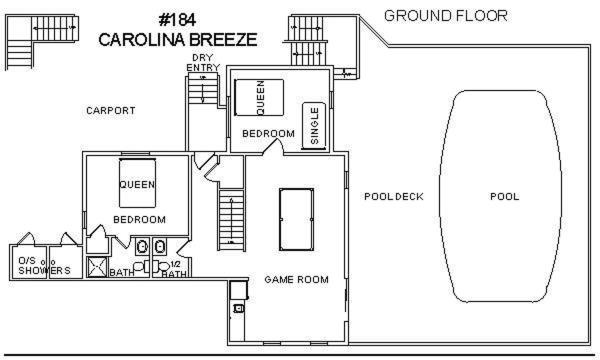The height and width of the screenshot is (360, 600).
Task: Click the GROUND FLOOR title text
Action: pyautogui.click(x=446, y=16)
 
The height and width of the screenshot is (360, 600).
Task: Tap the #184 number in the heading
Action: pyautogui.click(x=178, y=20)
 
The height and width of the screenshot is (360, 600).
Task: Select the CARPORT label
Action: pyautogui.click(x=111, y=111)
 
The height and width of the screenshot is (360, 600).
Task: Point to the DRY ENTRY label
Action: pyautogui.click(x=203, y=62)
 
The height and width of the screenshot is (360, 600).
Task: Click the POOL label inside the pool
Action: pyautogui.click(x=505, y=197)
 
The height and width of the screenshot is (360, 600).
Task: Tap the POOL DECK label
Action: pyautogui.click(x=394, y=197)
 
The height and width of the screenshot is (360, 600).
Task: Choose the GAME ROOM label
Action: pyautogui.click(x=297, y=280)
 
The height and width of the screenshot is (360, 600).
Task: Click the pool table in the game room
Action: pyautogui.click(x=297, y=219)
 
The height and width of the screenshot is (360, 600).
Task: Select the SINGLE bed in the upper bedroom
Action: pyautogui.click(x=314, y=126)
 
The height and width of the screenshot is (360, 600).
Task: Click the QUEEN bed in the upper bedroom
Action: pyautogui.click(x=259, y=97)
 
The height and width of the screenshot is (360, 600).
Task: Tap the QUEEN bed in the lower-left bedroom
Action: pyautogui.click(x=137, y=182)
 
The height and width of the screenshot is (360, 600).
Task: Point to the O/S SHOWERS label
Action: pyautogui.click(x=44, y=266)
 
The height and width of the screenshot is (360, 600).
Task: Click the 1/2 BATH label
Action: pyautogui.click(x=174, y=269)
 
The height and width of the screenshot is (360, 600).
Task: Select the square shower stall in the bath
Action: pyautogui.click(x=97, y=267)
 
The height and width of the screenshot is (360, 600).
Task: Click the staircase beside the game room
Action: pyautogui.click(x=232, y=220)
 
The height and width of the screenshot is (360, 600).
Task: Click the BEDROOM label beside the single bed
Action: pyautogui.click(x=269, y=134)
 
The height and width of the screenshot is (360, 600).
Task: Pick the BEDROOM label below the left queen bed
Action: pyautogui.click(x=140, y=220)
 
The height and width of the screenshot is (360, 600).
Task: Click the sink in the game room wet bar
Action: pyautogui.click(x=238, y=308)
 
